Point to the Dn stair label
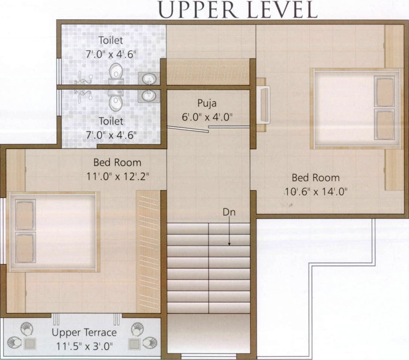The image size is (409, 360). click(x=229, y=212)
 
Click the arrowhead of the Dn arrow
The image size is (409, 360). click(x=229, y=244)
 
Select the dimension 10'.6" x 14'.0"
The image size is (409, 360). click(x=316, y=191)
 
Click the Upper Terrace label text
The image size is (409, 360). click(x=84, y=333)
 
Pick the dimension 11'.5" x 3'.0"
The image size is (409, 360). click(x=84, y=347)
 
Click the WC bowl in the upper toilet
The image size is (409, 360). click(x=115, y=72)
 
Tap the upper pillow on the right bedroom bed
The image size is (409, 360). click(x=385, y=92)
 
